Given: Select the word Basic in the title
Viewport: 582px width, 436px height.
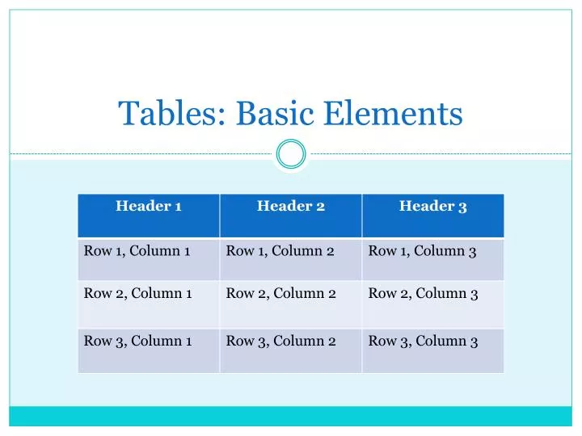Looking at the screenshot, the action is coord(275,113).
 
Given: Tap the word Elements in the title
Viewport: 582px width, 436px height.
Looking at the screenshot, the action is coord(393,113).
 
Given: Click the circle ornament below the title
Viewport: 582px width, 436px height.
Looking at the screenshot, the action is coord(291,154).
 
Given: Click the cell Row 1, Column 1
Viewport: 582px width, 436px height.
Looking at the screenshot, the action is coord(149,259).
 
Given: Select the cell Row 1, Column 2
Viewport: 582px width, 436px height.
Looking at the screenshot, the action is coord(291,259).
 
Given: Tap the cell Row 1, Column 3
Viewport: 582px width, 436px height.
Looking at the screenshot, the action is coord(433,259).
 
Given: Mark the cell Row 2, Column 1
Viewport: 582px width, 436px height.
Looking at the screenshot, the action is coord(149,304).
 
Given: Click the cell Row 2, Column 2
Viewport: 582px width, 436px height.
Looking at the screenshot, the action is coord(291,304).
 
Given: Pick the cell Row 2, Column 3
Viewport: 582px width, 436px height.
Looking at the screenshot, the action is coord(433,304).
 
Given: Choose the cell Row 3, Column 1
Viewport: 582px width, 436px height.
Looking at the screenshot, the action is coord(149,350).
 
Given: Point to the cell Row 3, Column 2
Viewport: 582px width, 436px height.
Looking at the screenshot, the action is coord(291,350).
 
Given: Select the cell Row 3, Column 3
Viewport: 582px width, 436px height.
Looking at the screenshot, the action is coord(433,350).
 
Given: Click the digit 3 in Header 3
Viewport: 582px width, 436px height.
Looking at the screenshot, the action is coord(462,208).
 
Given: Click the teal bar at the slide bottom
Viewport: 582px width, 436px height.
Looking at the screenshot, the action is coord(291,416).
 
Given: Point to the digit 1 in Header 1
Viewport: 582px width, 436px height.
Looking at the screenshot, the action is coord(178,207).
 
